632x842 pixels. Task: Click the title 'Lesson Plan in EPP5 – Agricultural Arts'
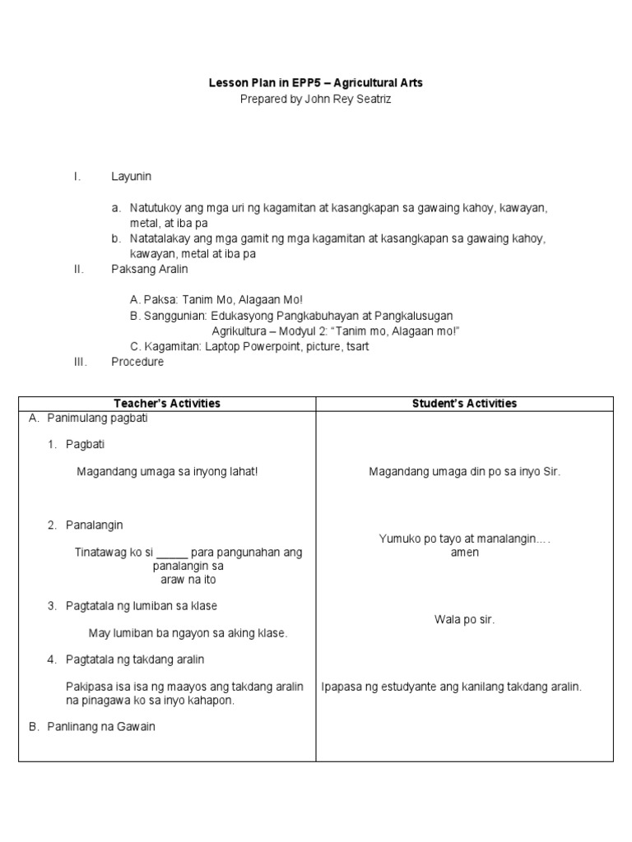point(315,84)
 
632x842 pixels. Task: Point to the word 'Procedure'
point(137,362)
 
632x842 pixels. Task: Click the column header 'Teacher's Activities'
point(167,403)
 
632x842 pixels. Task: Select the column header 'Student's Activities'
point(464,403)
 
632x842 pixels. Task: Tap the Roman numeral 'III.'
point(81,362)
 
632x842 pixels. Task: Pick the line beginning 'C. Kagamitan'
point(249,346)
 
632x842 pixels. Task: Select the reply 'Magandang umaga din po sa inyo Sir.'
point(464,472)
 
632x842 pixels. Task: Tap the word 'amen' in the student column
point(464,553)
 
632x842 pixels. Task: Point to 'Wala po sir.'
point(464,619)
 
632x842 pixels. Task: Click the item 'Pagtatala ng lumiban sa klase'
point(141,606)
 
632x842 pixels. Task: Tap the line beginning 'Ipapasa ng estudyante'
point(452,687)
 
